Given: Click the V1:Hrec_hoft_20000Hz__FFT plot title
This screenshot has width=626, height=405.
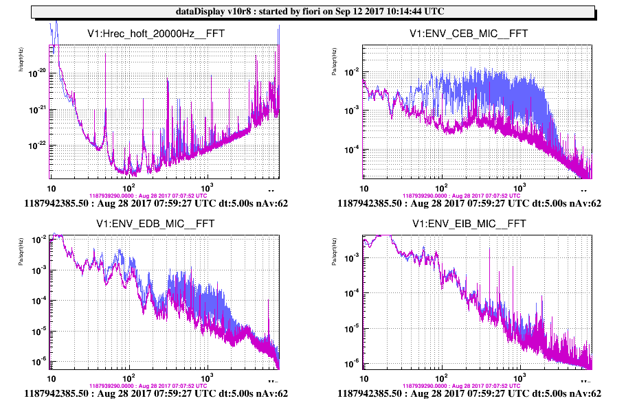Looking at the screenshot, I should pyautogui.click(x=156, y=34).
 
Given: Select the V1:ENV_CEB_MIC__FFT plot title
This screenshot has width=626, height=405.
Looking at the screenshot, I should pyautogui.click(x=469, y=34).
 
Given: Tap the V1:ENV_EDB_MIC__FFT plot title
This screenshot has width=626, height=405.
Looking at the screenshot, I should pyautogui.click(x=156, y=224).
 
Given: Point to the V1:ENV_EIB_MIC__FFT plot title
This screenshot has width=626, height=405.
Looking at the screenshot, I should pyautogui.click(x=469, y=224).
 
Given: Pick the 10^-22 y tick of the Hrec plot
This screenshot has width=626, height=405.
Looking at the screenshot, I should pyautogui.click(x=36, y=145).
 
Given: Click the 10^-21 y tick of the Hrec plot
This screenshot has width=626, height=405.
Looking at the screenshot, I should pyautogui.click(x=36, y=108).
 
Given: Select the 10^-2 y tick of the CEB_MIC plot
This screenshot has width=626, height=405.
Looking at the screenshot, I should pyautogui.click(x=349, y=72).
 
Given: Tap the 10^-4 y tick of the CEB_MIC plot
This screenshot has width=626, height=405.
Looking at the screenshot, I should pyautogui.click(x=349, y=150).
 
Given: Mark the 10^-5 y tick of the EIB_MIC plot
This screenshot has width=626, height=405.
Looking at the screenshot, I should pyautogui.click(x=350, y=328).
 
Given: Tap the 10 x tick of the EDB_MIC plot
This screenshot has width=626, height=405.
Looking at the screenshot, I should pyautogui.click(x=51, y=378).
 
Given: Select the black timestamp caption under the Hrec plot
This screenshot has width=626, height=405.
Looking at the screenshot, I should pyautogui.click(x=156, y=203).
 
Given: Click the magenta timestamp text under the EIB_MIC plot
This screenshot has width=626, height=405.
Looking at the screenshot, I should pyautogui.click(x=469, y=386).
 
